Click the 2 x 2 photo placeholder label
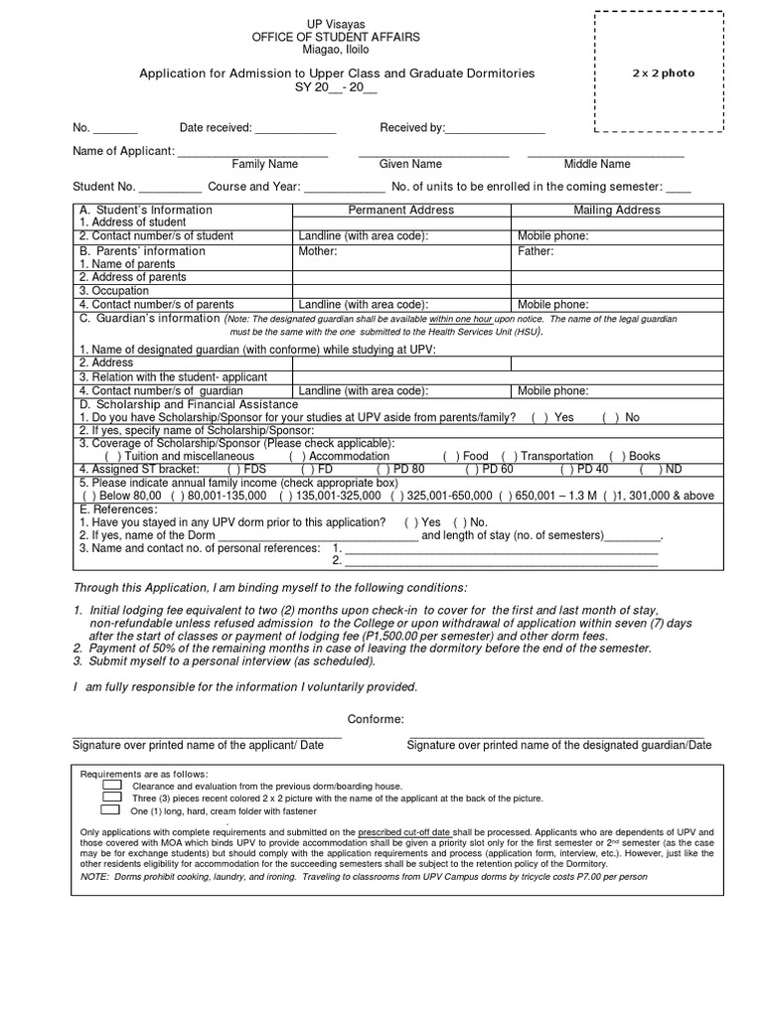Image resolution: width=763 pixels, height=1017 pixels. pyautogui.click(x=665, y=73)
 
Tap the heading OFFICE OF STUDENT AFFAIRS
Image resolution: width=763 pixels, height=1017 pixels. pyautogui.click(x=335, y=37)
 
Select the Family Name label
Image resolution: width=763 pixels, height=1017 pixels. pyautogui.click(x=264, y=164)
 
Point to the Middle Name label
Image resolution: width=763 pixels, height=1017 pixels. pyautogui.click(x=597, y=164)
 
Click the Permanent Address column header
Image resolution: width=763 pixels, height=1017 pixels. pyautogui.click(x=400, y=210)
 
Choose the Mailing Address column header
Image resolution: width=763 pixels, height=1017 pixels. pyautogui.click(x=616, y=210)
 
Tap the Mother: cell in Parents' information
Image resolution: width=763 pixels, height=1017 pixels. pyautogui.click(x=318, y=252)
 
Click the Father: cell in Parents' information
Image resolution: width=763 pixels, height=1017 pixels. pyautogui.click(x=535, y=252)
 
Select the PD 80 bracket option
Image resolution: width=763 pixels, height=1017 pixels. pyautogui.click(x=385, y=469)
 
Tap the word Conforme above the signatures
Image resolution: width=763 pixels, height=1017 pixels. pyautogui.click(x=376, y=719)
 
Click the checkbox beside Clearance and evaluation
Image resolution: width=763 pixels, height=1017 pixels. pyautogui.click(x=111, y=785)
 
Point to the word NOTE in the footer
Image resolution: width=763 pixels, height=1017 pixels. pyautogui.click(x=93, y=877)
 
